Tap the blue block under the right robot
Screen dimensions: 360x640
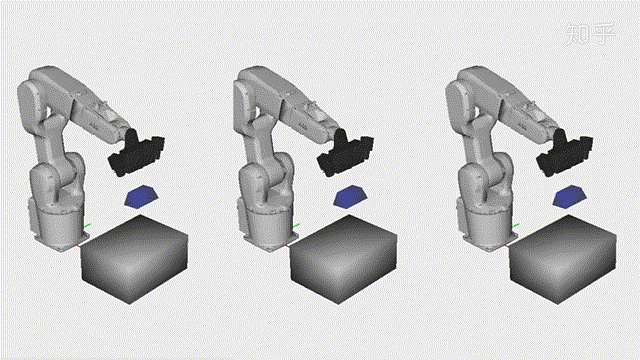571,194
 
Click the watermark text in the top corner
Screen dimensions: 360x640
589,36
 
